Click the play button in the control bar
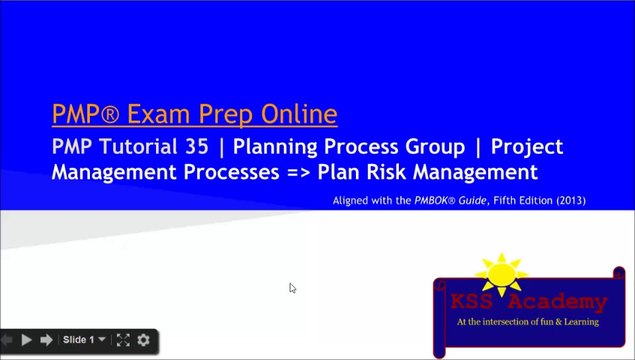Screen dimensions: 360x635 click(27, 340)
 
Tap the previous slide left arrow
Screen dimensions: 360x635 click(8, 340)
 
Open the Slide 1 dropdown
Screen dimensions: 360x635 click(84, 340)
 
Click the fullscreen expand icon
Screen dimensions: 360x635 click(123, 340)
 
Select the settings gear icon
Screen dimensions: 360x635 click(143, 340)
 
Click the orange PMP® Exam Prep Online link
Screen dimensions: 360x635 click(195, 112)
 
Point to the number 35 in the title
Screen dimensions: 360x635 click(197, 146)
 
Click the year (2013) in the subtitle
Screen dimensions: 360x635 click(565, 201)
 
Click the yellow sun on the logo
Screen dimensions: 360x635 click(501, 273)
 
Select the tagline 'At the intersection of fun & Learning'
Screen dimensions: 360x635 click(527, 322)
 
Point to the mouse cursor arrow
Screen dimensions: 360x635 click(292, 288)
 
